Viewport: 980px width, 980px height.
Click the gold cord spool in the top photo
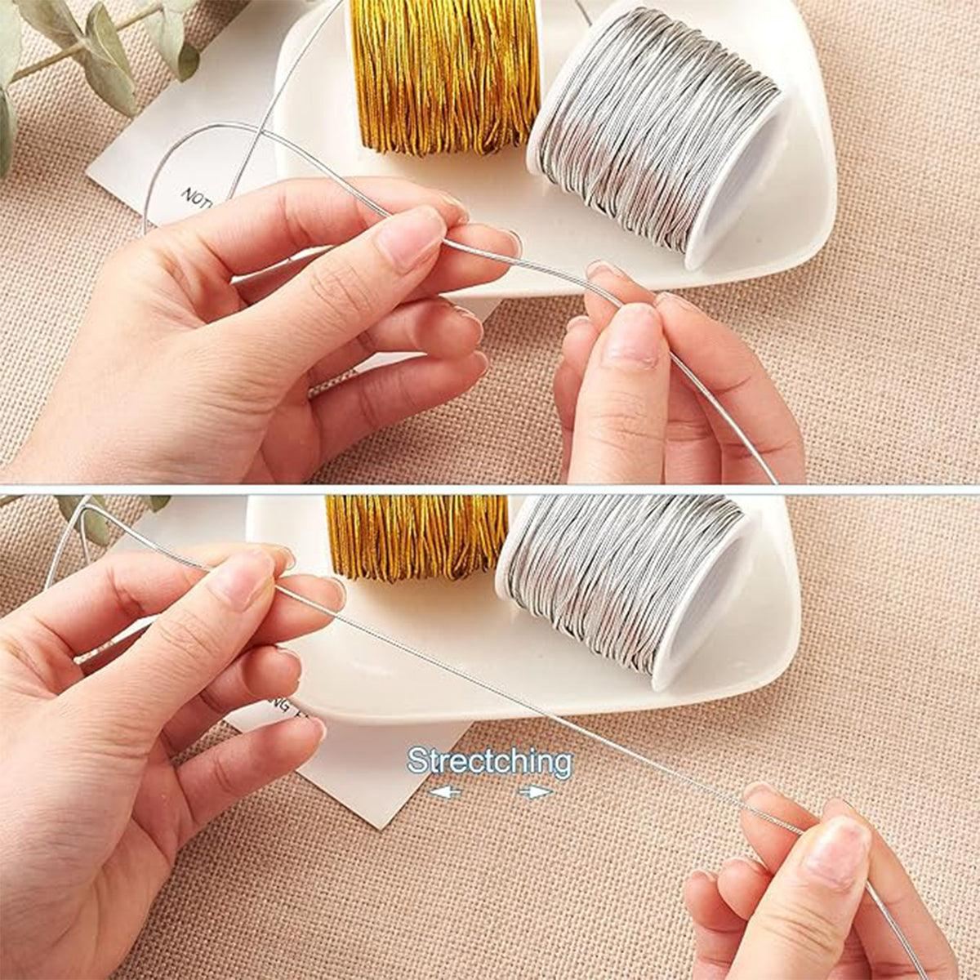pos(445,73)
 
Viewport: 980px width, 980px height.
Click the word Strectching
pos(490,761)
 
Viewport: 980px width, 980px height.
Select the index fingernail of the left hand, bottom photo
pos(240,581)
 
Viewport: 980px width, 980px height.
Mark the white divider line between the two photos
pos(490,489)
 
